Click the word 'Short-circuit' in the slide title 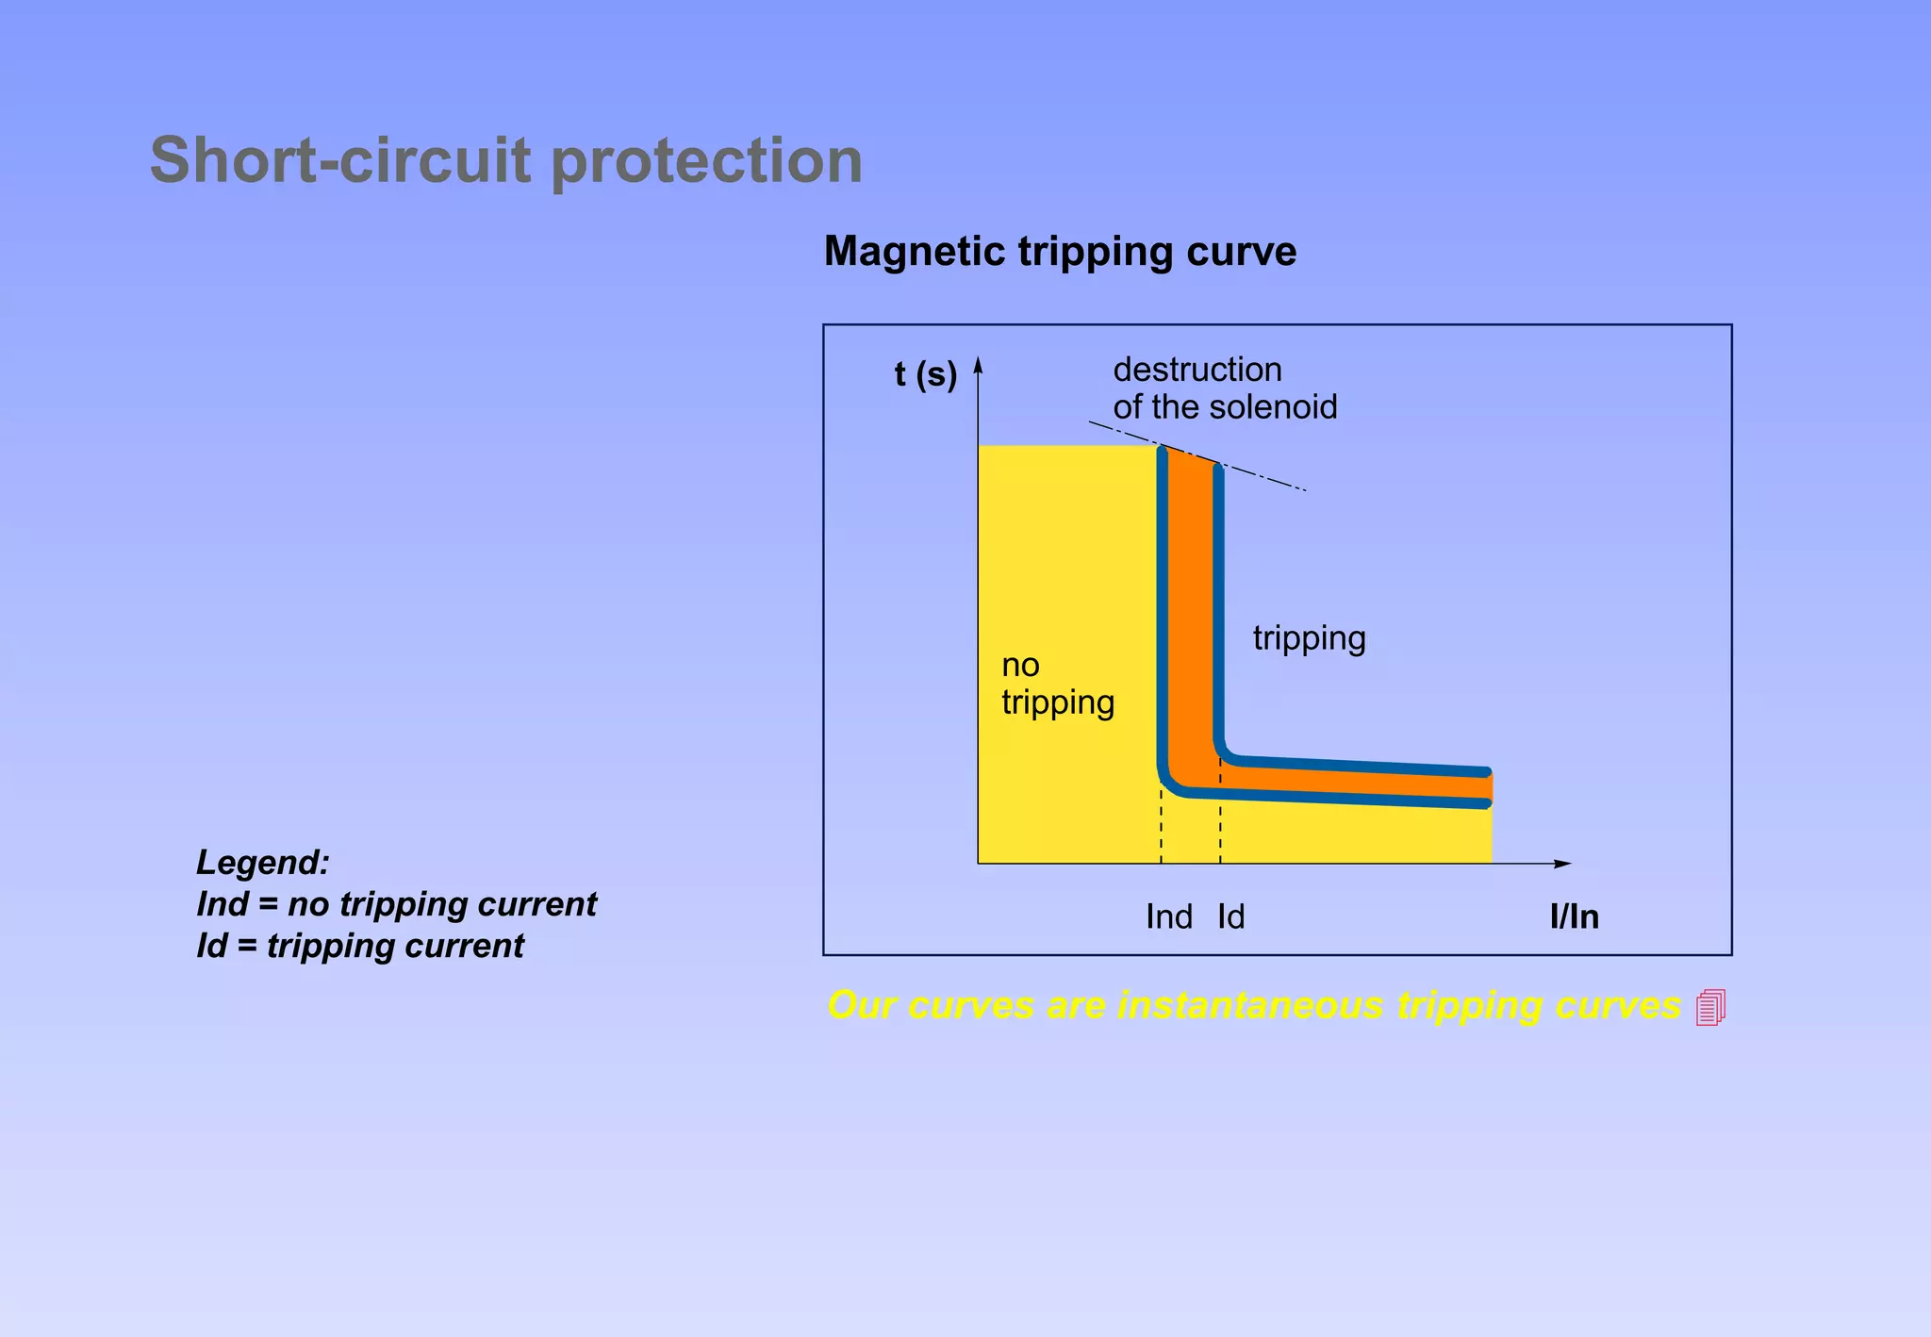[x=340, y=160]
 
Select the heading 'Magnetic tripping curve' [x=1060, y=252]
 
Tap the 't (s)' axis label [x=925, y=374]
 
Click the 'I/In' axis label [x=1574, y=916]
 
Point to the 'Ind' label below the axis [x=1168, y=916]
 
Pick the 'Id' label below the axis [x=1230, y=916]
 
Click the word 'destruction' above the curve [x=1197, y=370]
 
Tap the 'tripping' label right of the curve [x=1309, y=639]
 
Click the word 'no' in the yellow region [x=1020, y=666]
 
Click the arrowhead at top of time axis [x=979, y=365]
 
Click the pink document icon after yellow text [x=1710, y=1007]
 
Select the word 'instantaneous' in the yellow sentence [x=1249, y=1005]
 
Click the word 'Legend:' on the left [x=263, y=863]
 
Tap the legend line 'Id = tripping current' [x=359, y=946]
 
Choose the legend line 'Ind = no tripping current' [x=396, y=904]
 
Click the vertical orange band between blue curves [x=1190, y=613]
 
